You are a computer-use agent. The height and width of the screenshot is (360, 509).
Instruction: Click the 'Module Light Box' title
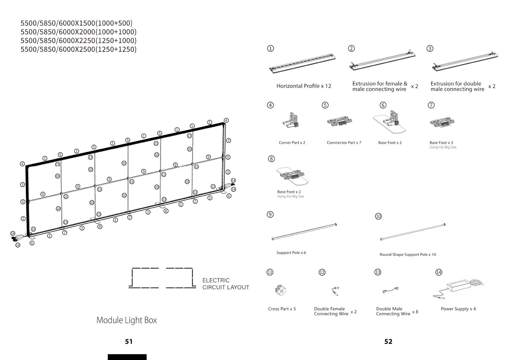click(126, 320)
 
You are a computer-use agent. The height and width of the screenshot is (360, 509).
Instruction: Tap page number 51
click(129, 342)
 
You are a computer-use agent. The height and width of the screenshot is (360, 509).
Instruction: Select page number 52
click(388, 342)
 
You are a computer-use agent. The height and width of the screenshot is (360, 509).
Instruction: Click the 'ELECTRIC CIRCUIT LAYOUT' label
click(226, 284)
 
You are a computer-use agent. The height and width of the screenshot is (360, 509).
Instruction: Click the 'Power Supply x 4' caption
click(458, 309)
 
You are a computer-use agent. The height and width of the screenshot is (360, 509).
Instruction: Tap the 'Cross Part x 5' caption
click(282, 309)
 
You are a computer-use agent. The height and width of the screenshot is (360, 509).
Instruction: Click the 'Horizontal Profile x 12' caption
click(304, 86)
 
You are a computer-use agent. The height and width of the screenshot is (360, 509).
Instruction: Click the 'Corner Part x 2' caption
click(292, 143)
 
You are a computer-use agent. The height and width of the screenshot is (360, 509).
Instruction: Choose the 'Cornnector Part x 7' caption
click(344, 143)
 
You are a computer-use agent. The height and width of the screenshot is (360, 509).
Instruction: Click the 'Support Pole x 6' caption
click(291, 253)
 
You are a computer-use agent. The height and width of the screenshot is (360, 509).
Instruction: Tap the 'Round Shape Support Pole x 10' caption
click(408, 255)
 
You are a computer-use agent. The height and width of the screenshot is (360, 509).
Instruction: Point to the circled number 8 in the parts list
click(272, 159)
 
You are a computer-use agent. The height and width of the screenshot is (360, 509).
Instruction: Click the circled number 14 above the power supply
click(439, 272)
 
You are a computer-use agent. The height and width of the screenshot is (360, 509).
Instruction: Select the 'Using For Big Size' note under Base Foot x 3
click(443, 147)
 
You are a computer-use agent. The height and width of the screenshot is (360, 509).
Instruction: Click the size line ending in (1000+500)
click(77, 23)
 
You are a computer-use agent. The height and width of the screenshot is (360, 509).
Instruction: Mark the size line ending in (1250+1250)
click(79, 49)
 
